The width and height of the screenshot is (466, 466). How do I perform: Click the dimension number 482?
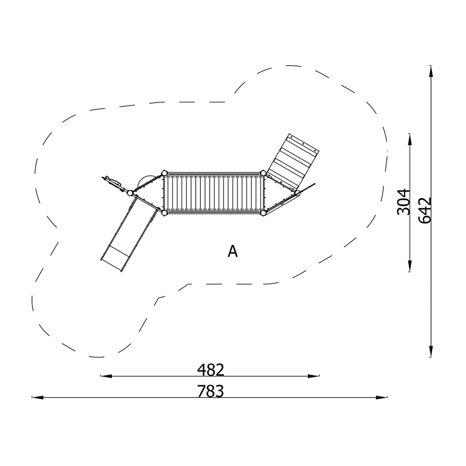click(x=211, y=370)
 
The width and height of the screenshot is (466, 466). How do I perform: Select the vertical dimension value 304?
click(x=404, y=201)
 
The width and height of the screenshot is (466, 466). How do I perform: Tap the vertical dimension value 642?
click(x=425, y=210)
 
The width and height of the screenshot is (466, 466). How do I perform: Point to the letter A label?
click(x=233, y=252)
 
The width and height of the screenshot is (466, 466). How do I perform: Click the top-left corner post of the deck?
click(x=164, y=173)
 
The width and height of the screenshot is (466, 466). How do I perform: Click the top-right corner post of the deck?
click(x=263, y=173)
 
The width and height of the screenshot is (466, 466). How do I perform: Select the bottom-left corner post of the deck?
click(x=164, y=213)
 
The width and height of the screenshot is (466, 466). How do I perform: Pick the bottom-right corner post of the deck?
click(x=263, y=213)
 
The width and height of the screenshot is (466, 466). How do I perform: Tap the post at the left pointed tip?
click(x=130, y=193)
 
